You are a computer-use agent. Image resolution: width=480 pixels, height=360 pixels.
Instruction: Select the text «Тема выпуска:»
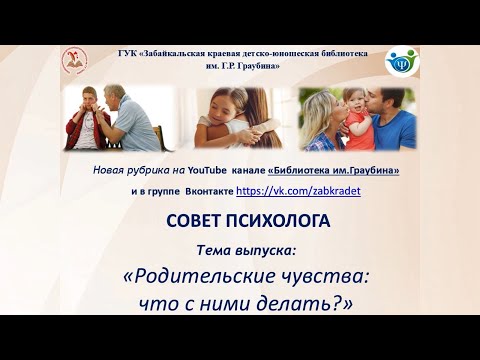click(x=239, y=247)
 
